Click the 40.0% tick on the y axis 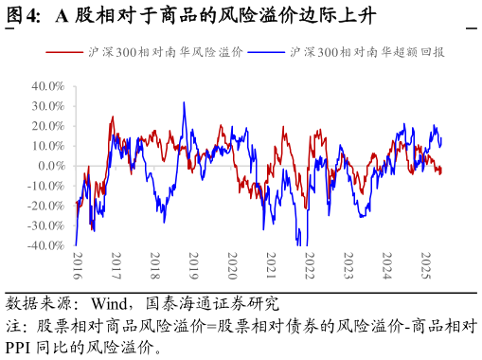(48, 86)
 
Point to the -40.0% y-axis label (46, 245)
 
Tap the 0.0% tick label (52, 166)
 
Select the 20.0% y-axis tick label (48, 126)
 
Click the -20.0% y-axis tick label (46, 206)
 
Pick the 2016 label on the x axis (78, 265)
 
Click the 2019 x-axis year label (193, 265)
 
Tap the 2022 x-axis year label (310, 265)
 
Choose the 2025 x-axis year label (426, 265)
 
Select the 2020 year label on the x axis (232, 265)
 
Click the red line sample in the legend (64, 52)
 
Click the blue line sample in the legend (266, 52)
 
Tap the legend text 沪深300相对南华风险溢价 (166, 52)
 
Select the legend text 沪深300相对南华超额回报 (367, 52)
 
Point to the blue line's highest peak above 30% (184, 102)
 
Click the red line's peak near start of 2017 (113, 117)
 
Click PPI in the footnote (18, 348)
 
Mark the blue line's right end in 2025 (441, 137)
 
